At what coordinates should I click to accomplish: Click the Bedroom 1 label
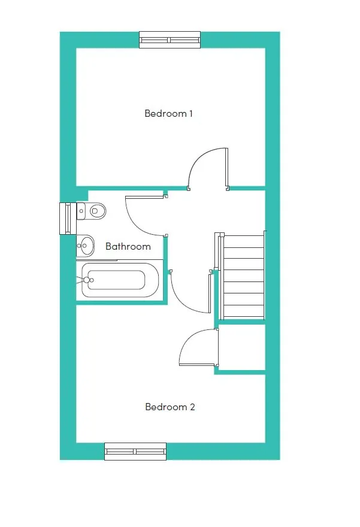pyautogui.click(x=168, y=113)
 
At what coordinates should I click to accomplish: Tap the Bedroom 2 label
pyautogui.click(x=170, y=407)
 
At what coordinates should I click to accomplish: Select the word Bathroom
pyautogui.click(x=128, y=246)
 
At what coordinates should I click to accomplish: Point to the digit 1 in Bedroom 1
pyautogui.click(x=190, y=113)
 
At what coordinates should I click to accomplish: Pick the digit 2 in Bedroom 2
pyautogui.click(x=192, y=407)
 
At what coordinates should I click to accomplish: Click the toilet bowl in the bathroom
pyautogui.click(x=98, y=210)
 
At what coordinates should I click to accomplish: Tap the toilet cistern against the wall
pyautogui.click(x=81, y=210)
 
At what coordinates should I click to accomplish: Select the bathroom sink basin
pyautogui.click(x=87, y=244)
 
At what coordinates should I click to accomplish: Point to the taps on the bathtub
pyautogui.click(x=87, y=280)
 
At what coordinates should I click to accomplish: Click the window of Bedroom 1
pyautogui.click(x=170, y=40)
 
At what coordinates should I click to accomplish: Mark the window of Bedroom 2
pyautogui.click(x=135, y=452)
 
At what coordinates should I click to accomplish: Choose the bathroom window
pyautogui.click(x=66, y=218)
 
